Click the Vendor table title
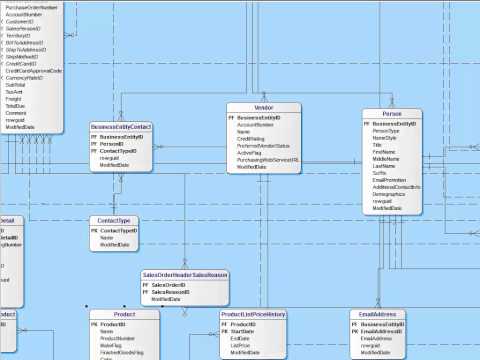pos(264,107)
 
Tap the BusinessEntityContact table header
pos(121,127)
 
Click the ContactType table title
pos(111,220)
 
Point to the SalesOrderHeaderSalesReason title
pos(185,275)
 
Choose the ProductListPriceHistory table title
pos(253,315)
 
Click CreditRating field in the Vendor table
pos(251,138)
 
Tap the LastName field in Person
pos(385,166)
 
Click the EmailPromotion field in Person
pos(389,180)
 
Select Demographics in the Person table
pos(389,194)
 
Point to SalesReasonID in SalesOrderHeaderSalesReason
pos(169,291)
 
